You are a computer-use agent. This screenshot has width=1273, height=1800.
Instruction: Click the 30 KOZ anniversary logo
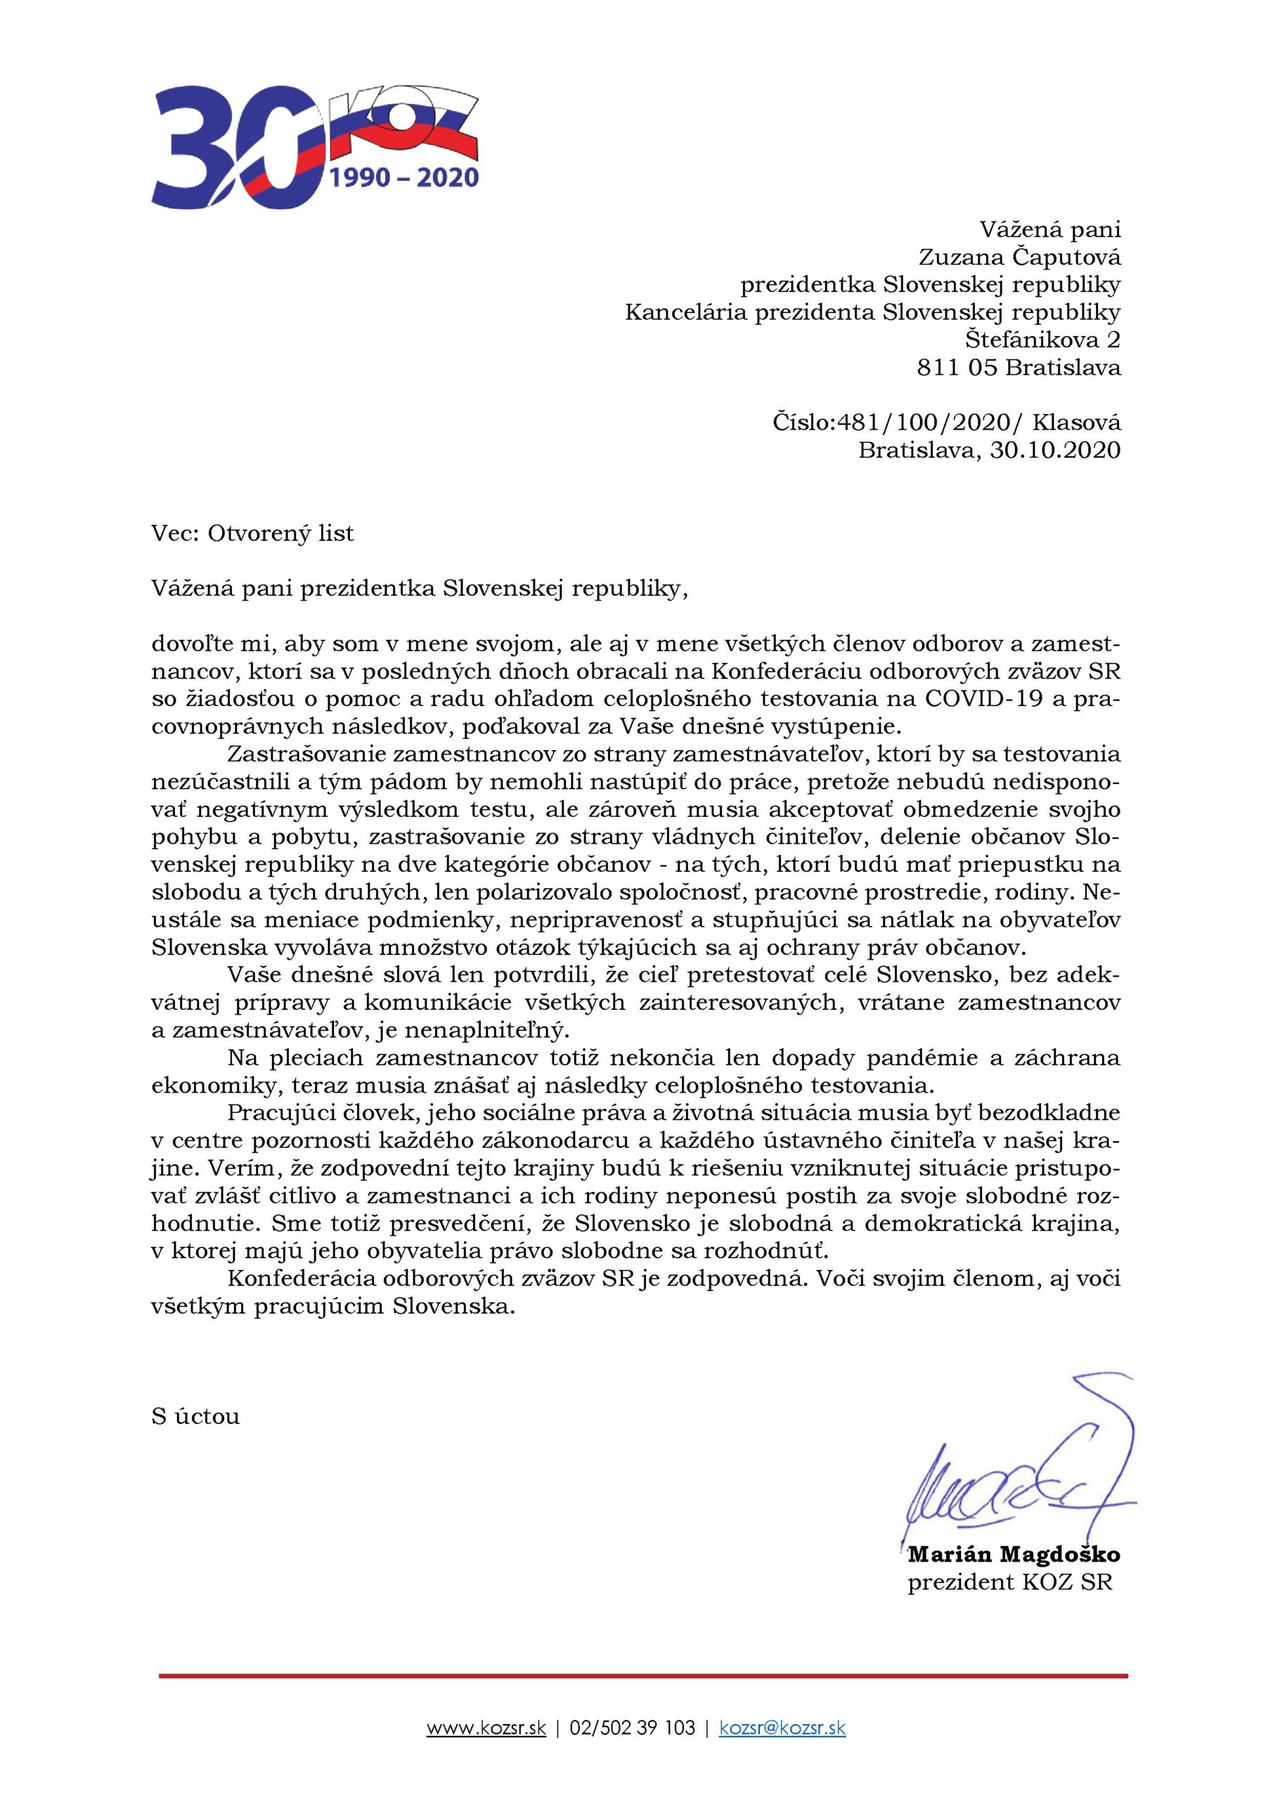coord(314,149)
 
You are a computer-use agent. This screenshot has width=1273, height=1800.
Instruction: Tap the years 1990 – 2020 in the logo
coord(404,178)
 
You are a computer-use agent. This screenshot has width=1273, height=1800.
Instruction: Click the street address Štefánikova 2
coord(1042,340)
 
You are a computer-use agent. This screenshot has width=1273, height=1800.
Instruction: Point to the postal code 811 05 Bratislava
coord(1019,367)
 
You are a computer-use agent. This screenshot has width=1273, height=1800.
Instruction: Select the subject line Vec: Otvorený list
coord(252,534)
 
